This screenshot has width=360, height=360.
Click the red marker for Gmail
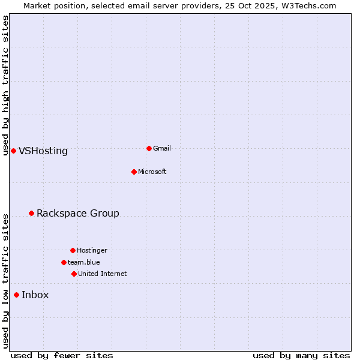pyautogui.click(x=149, y=148)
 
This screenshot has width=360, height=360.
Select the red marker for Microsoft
pyautogui.click(x=134, y=172)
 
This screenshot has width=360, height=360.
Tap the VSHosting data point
pyautogui.click(x=13, y=151)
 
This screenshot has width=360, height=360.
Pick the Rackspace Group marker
pyautogui.click(x=31, y=213)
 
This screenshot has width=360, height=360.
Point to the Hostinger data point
pyautogui.click(x=73, y=250)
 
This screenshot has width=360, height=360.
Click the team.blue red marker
pyautogui.click(x=64, y=262)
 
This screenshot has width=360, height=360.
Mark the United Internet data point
pyautogui.click(x=74, y=274)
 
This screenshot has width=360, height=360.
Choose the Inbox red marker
pyautogui.click(x=16, y=295)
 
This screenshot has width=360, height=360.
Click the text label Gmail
pyautogui.click(x=162, y=148)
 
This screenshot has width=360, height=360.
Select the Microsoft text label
pyautogui.click(x=152, y=172)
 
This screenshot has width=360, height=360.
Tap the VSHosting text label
pyautogui.click(x=43, y=151)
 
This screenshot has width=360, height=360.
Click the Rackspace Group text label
pyautogui.click(x=78, y=214)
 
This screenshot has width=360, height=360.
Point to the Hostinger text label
pyautogui.click(x=92, y=250)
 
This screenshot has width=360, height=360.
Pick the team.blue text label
pyautogui.click(x=84, y=262)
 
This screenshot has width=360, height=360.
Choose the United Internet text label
pyautogui.click(x=103, y=274)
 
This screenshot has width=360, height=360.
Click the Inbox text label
pyautogui.click(x=35, y=295)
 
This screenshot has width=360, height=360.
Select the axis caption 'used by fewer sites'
pyautogui.click(x=62, y=355)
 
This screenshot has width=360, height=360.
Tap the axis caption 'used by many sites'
pyautogui.click(x=301, y=355)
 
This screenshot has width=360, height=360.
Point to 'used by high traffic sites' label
pyautogui.click(x=5, y=85)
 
